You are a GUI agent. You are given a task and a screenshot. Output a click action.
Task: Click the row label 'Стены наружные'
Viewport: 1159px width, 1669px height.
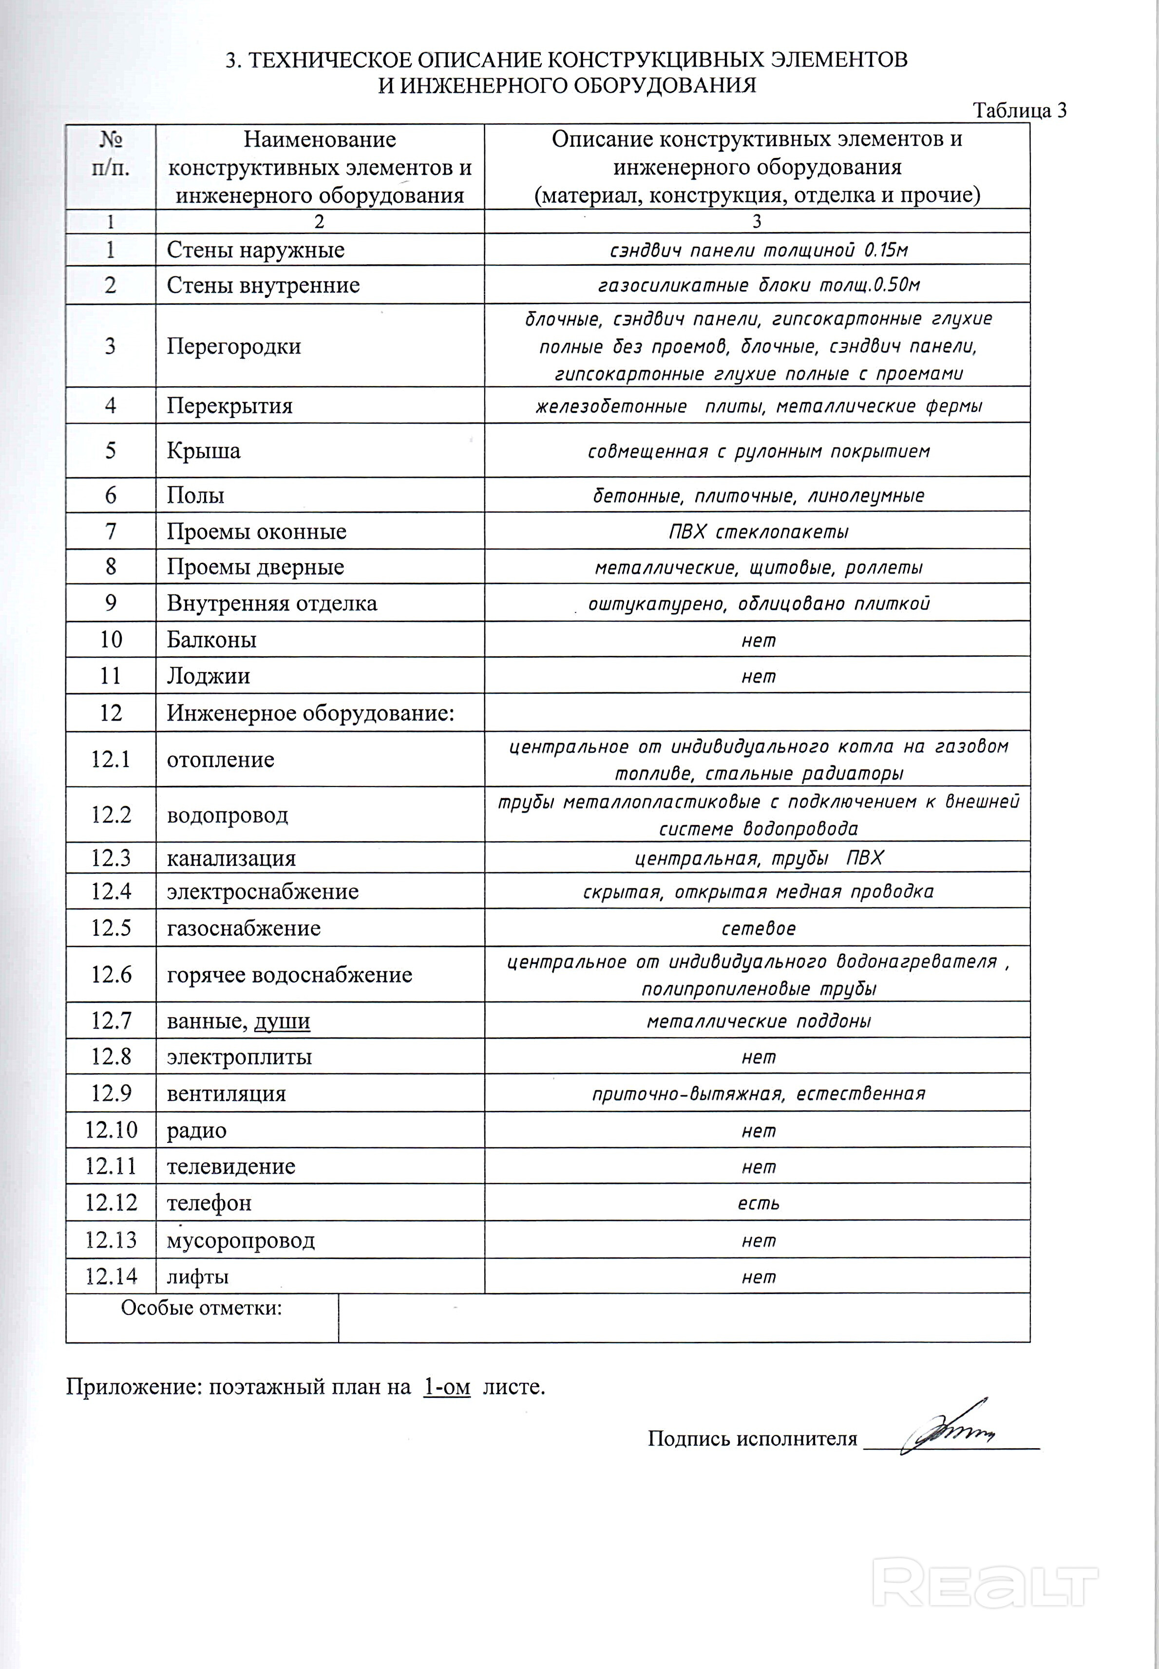tap(256, 250)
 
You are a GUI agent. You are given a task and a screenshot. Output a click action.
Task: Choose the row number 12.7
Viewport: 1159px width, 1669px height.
tap(111, 1021)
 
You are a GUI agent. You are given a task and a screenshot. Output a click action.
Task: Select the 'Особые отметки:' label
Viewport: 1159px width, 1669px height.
tap(201, 1308)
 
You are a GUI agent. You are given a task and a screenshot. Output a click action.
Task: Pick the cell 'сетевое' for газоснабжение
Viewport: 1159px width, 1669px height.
tap(758, 928)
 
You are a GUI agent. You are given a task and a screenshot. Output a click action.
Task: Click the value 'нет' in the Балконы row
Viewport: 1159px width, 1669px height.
tap(758, 640)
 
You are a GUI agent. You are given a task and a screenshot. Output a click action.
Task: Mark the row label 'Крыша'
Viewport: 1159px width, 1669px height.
tap(203, 451)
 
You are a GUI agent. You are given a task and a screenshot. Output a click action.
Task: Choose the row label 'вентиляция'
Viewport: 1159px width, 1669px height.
tap(227, 1094)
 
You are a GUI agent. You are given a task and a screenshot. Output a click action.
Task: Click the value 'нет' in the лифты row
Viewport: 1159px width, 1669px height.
tap(758, 1276)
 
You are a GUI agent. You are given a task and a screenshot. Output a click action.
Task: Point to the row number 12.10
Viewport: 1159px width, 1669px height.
tap(111, 1130)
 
